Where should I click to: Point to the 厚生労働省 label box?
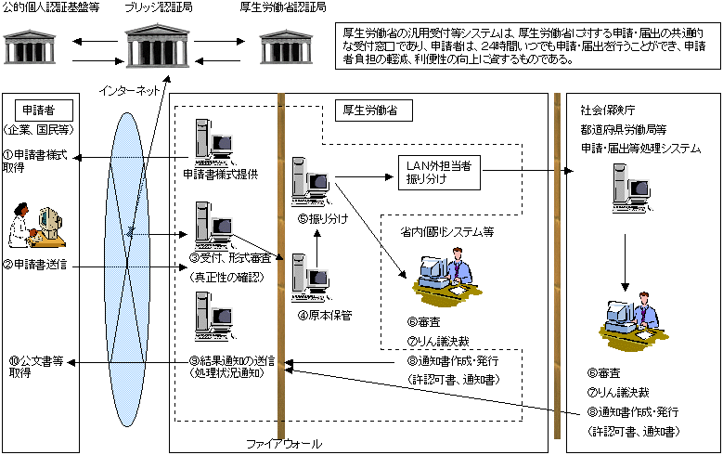367,110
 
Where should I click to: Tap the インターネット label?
131,90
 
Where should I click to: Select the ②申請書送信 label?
38,266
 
